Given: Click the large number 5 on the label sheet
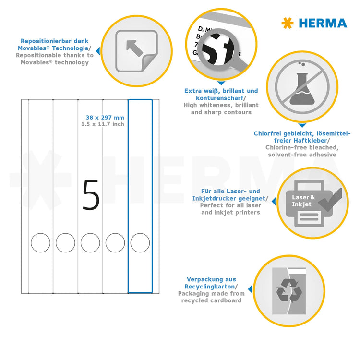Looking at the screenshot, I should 91,195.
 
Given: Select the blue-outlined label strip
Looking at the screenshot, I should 140,144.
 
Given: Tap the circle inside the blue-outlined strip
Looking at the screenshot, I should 140,242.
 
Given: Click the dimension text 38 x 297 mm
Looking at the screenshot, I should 105,118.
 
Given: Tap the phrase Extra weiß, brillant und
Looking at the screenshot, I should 221,91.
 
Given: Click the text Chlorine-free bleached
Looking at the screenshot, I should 302,147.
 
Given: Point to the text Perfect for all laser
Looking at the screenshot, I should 229,205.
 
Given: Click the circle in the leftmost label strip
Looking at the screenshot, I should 40,242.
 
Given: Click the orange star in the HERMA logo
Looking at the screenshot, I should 287,23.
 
